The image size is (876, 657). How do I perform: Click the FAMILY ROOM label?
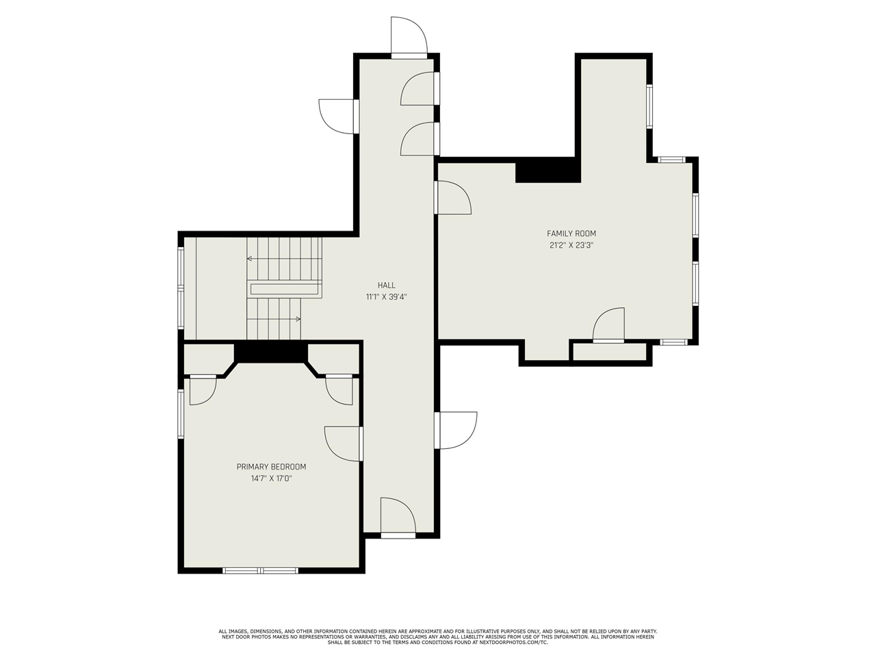[x=571, y=234]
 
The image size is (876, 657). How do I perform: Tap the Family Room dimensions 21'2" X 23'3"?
[x=571, y=245]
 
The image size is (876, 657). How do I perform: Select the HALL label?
[x=386, y=285]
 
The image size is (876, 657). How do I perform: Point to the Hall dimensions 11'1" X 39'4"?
[x=386, y=297]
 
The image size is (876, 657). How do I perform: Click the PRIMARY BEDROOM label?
[x=272, y=467]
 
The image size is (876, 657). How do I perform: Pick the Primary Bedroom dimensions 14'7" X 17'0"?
[x=272, y=478]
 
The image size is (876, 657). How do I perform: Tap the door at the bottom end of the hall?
[x=398, y=518]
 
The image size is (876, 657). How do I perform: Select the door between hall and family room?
[x=453, y=198]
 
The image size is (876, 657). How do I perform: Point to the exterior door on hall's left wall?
[x=339, y=116]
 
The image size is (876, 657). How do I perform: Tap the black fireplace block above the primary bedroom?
[x=271, y=352]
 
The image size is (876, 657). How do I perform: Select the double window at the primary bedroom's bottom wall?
[x=260, y=571]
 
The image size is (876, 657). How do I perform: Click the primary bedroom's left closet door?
[x=203, y=389]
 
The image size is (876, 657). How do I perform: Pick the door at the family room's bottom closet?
[x=608, y=325]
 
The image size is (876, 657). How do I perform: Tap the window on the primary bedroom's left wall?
[x=181, y=414]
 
